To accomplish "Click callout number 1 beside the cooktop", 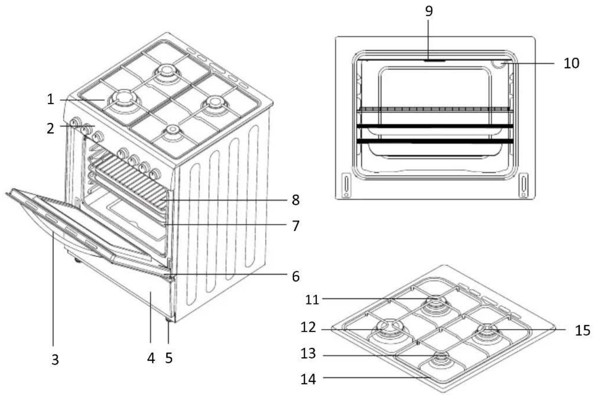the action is coord(51,99).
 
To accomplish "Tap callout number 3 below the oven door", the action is coord(55,359).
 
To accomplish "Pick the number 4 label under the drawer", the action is coord(151,358).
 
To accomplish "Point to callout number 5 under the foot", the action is coord(169,358).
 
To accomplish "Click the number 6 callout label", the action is coord(296,276).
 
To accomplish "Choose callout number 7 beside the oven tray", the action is coord(296,226).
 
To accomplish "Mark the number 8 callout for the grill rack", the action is coord(296,200).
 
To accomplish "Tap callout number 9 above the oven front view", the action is coord(429,11).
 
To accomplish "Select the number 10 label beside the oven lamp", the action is coord(571,63).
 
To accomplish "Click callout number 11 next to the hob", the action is coord(312,300).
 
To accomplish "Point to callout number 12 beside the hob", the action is coord(308,327).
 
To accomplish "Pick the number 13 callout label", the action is coord(308,354).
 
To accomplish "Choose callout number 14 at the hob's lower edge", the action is coord(308,379).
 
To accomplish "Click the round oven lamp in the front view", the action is coord(498,64).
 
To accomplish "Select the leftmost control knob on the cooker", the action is coord(76,123).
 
